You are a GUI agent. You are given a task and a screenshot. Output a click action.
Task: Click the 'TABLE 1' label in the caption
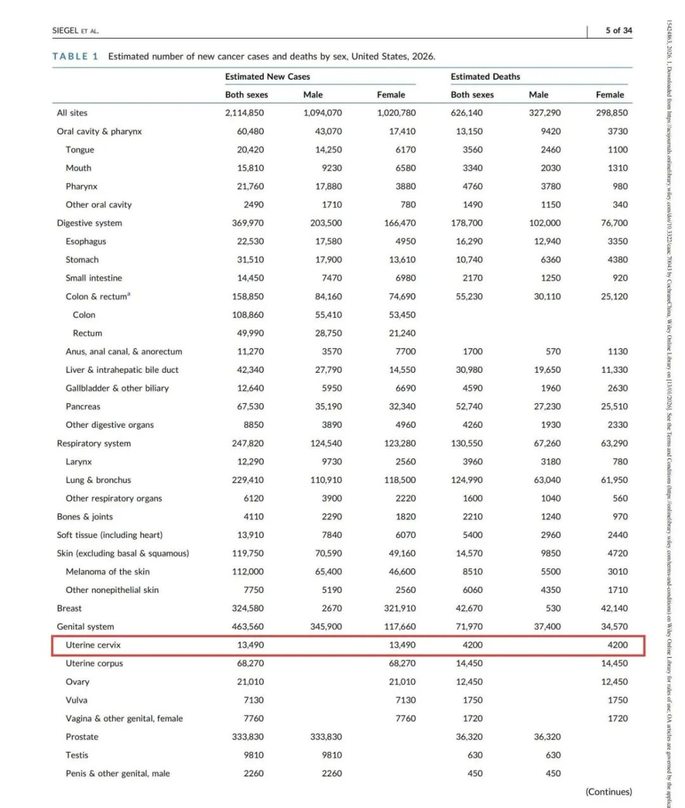75,56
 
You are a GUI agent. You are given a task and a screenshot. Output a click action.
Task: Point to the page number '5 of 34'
618,30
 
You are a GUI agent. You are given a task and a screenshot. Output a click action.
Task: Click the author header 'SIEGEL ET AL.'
75,30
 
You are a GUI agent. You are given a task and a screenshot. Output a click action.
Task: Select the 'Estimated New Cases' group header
267,77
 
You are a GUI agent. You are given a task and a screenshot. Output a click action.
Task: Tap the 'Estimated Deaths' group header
485,77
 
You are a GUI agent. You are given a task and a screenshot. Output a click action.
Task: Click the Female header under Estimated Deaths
610,94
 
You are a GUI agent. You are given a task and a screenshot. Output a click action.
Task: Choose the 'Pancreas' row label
82,407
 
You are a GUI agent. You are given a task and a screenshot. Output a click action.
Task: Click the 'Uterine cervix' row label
93,645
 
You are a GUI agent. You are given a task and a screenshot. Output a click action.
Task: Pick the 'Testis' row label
77,755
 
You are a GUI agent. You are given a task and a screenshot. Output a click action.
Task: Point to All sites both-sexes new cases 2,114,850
244,113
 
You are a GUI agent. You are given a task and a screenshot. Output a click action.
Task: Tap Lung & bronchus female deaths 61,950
614,480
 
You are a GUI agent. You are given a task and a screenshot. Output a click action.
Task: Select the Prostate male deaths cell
547,737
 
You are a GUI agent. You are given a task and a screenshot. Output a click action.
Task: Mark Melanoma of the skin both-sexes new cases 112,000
247,571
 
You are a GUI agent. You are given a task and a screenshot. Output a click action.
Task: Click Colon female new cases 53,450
402,315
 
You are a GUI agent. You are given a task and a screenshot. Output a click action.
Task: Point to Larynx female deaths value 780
620,462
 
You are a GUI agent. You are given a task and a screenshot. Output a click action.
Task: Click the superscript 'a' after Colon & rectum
129,294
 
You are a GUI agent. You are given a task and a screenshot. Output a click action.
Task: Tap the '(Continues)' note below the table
608,792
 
